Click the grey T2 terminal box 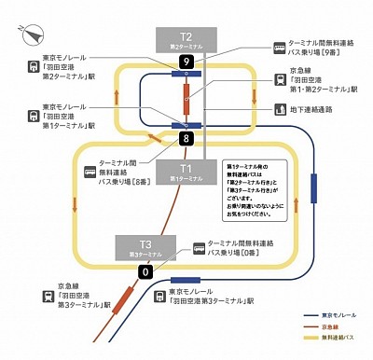coord(186,40)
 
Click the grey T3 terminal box coord(145,248)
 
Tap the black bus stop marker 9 coord(186,62)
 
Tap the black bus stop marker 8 coord(186,138)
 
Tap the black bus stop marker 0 coord(145,271)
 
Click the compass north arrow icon coord(31,33)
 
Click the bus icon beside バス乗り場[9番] coord(280,47)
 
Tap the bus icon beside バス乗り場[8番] coord(90,172)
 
